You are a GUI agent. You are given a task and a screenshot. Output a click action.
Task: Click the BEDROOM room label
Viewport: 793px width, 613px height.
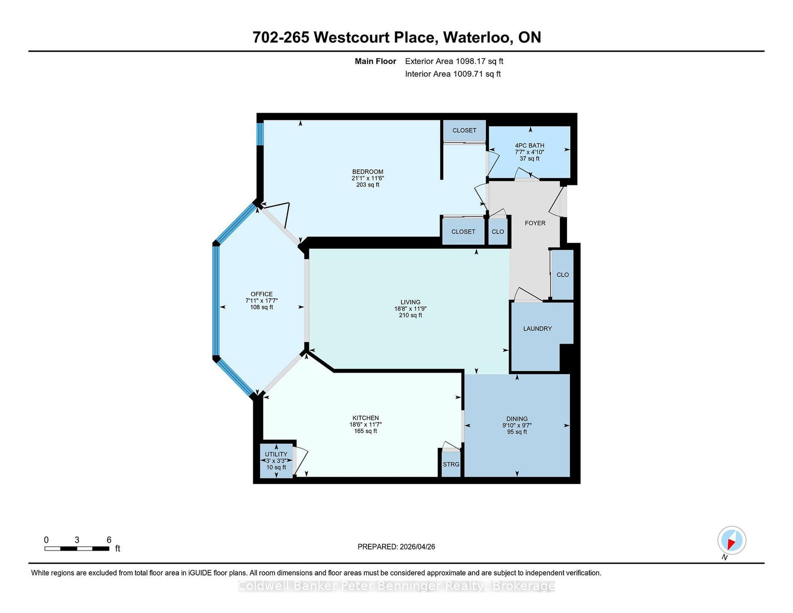pyautogui.click(x=367, y=171)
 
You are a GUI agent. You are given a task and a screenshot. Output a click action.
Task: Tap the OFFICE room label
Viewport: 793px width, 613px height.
pyautogui.click(x=261, y=294)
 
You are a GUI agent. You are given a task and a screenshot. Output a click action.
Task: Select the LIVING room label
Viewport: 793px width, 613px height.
pyautogui.click(x=410, y=302)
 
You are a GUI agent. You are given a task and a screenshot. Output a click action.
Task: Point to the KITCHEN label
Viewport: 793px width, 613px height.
pyautogui.click(x=365, y=418)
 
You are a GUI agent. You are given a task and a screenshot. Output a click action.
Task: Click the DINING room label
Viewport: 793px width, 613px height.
pyautogui.click(x=517, y=419)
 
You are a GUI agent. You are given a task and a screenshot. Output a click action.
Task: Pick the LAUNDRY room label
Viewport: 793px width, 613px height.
pyautogui.click(x=537, y=329)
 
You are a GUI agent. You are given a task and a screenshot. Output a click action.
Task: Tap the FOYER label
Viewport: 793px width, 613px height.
pyautogui.click(x=535, y=223)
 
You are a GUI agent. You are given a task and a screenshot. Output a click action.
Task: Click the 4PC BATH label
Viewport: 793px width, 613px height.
pyautogui.click(x=529, y=145)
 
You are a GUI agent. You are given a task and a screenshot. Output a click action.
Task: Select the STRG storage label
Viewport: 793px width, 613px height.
pyautogui.click(x=451, y=464)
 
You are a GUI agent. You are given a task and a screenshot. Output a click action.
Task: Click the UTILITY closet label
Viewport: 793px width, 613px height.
pyautogui.click(x=276, y=454)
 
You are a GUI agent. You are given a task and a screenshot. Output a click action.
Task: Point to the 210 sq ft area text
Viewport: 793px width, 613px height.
pyautogui.click(x=410, y=315)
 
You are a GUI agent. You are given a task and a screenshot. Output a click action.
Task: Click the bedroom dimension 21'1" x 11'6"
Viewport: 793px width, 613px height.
pyautogui.click(x=367, y=178)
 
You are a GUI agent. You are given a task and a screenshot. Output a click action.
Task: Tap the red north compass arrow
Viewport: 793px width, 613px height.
pyautogui.click(x=732, y=545)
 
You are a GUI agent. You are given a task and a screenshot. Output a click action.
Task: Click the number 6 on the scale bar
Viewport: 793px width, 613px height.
pyautogui.click(x=109, y=540)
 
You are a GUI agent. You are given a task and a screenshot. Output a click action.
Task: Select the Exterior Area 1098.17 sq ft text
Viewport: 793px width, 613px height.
pyautogui.click(x=454, y=61)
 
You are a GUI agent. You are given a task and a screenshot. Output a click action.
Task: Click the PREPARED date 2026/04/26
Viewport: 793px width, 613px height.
pyautogui.click(x=417, y=547)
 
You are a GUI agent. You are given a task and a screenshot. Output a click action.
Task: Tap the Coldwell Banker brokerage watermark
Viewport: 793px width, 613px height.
pyautogui.click(x=396, y=586)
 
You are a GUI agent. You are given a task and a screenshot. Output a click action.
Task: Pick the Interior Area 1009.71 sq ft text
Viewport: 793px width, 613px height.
pyautogui.click(x=453, y=74)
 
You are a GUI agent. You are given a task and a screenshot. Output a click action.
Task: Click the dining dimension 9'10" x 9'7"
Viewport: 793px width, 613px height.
pyautogui.click(x=517, y=425)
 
